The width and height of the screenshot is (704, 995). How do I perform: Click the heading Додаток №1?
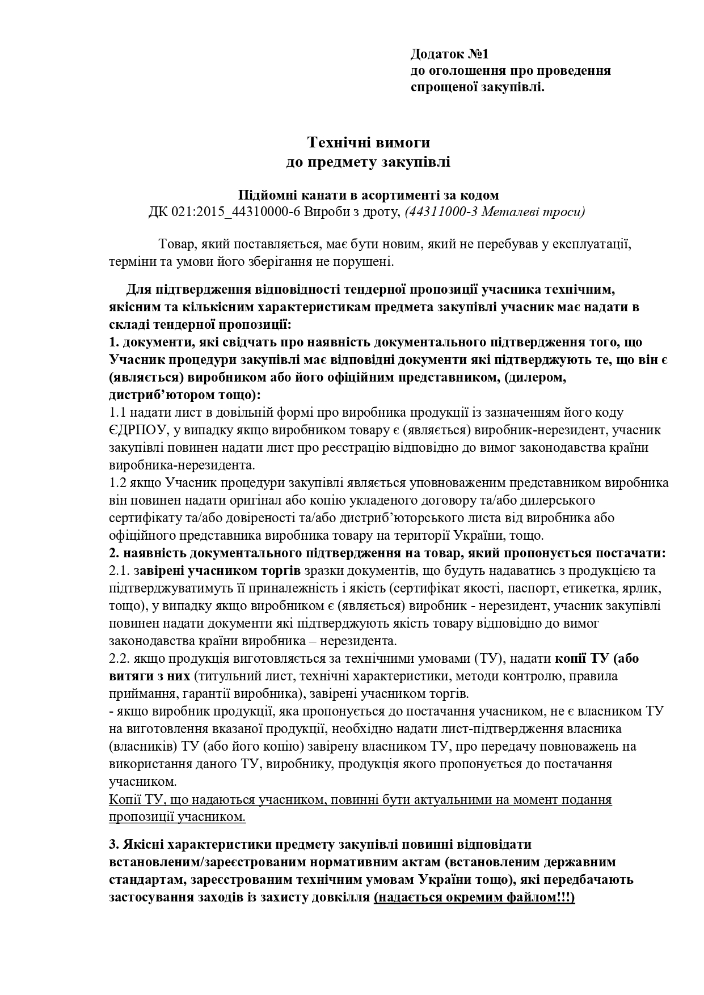coord(449,54)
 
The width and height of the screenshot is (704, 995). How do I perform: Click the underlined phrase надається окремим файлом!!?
coord(474,897)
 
